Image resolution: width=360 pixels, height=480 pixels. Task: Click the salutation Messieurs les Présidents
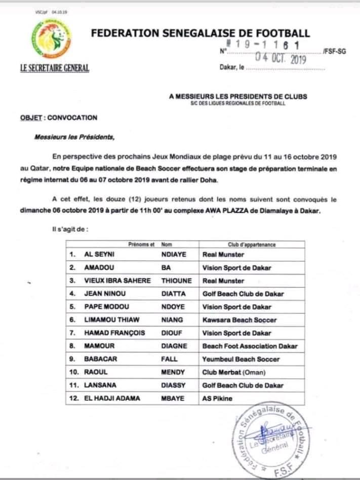(x=74, y=137)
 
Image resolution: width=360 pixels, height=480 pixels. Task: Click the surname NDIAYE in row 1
(x=173, y=255)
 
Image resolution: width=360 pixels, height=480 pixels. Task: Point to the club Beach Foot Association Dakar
(x=250, y=346)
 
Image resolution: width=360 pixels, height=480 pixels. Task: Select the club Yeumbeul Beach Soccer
(x=241, y=359)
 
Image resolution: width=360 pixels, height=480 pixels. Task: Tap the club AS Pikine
(x=217, y=398)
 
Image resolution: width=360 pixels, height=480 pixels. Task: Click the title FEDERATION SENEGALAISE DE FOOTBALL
(x=200, y=33)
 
